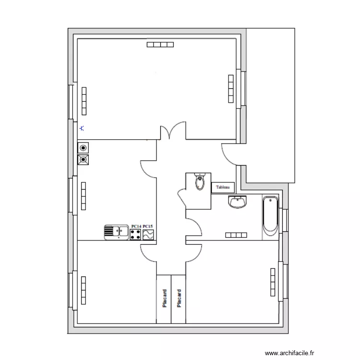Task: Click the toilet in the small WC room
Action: tap(199, 182)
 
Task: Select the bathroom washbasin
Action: tap(238, 203)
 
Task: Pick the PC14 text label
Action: tap(136, 226)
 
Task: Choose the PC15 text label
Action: tap(148, 226)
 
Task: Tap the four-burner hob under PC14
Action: tap(136, 235)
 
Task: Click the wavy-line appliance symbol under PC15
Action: tap(148, 235)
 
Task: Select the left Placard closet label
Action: tap(164, 298)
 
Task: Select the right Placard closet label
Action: tap(179, 298)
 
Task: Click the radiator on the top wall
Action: tap(160, 45)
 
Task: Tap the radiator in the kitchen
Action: tap(84, 196)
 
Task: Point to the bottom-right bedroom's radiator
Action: tap(273, 283)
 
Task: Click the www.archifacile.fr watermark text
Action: tap(292, 352)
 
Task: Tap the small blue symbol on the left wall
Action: tap(82, 128)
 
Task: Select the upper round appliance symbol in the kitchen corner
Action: tap(84, 148)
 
